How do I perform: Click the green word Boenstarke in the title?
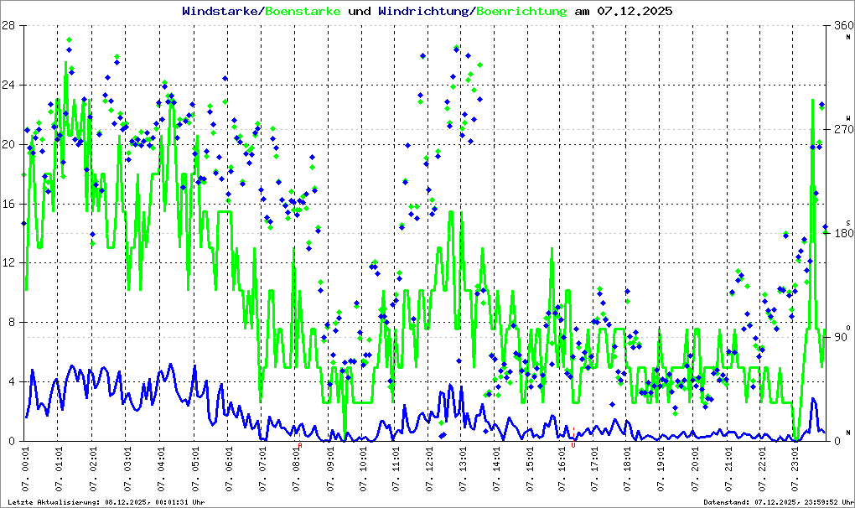click(303, 11)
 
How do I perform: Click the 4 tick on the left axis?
click(13, 382)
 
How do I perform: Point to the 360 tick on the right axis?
click(841, 25)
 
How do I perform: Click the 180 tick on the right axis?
click(841, 233)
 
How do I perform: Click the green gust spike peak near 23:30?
click(812, 100)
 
